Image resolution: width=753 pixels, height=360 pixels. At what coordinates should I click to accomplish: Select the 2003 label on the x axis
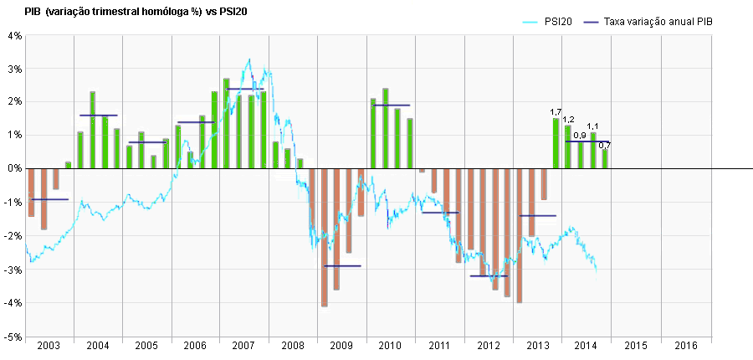click(49, 346)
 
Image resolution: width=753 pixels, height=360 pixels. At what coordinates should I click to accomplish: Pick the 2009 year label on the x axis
click(342, 346)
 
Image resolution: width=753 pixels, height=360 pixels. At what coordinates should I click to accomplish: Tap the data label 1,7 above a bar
click(556, 112)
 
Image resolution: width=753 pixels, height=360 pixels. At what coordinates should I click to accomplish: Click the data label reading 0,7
click(604, 146)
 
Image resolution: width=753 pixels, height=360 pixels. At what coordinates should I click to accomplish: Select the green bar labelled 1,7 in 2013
click(556, 143)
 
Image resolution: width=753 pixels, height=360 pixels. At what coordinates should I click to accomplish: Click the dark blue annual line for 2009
click(342, 265)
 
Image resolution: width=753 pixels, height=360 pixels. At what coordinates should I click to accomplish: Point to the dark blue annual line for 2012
click(489, 275)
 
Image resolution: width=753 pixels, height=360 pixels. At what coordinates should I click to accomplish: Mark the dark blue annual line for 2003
click(49, 199)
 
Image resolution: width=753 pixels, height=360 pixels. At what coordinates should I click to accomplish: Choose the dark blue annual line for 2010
click(391, 105)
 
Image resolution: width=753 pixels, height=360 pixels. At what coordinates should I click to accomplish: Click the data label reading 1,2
click(568, 120)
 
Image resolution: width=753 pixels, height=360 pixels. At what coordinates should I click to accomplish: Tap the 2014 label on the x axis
click(587, 346)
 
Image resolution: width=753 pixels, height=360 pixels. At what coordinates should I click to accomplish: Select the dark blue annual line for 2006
click(196, 122)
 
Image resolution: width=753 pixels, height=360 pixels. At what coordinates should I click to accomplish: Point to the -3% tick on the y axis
click(13, 270)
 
